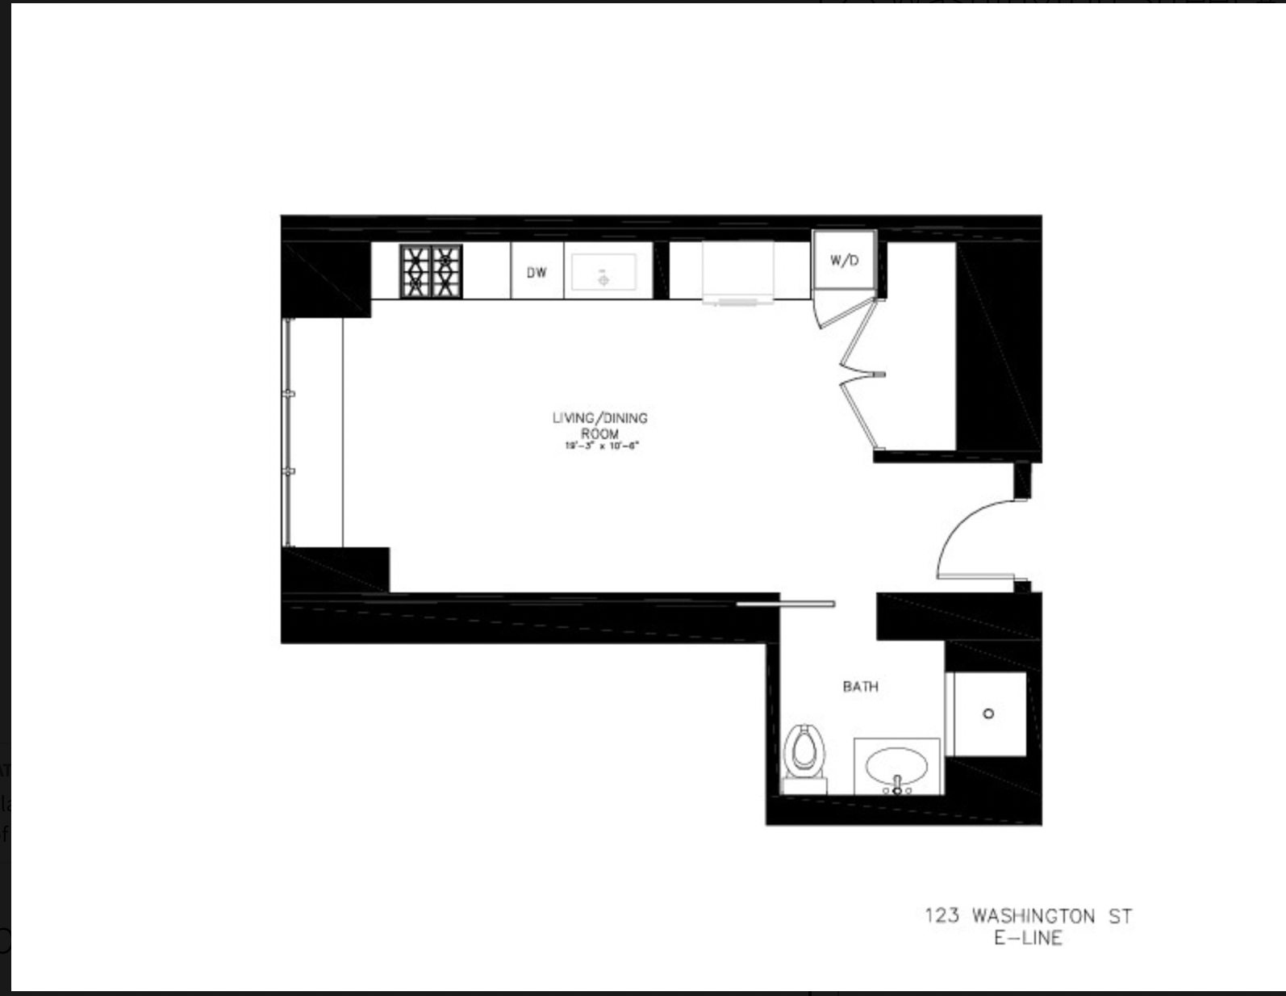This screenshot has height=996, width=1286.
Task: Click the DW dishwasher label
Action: pyautogui.click(x=537, y=273)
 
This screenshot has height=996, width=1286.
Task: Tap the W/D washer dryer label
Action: pyautogui.click(x=844, y=261)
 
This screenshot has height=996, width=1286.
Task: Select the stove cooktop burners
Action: pyautogui.click(x=432, y=271)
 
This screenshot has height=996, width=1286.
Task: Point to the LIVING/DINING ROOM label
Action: pyautogui.click(x=599, y=425)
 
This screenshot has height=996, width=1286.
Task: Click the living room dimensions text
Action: pyautogui.click(x=601, y=446)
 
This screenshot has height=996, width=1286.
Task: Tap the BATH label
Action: pyautogui.click(x=860, y=687)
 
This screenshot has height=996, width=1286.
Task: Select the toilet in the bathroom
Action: pyautogui.click(x=804, y=750)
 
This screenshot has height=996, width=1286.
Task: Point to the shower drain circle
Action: pyautogui.click(x=988, y=714)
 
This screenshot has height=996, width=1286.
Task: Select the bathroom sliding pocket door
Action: pyautogui.click(x=786, y=603)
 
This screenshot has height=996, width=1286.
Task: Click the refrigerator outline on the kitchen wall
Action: pyautogui.click(x=738, y=272)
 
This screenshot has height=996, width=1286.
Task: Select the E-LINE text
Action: pyautogui.click(x=1028, y=938)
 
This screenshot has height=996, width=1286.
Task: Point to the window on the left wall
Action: pyautogui.click(x=288, y=432)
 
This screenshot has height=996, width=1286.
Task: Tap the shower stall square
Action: pyautogui.click(x=986, y=714)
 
